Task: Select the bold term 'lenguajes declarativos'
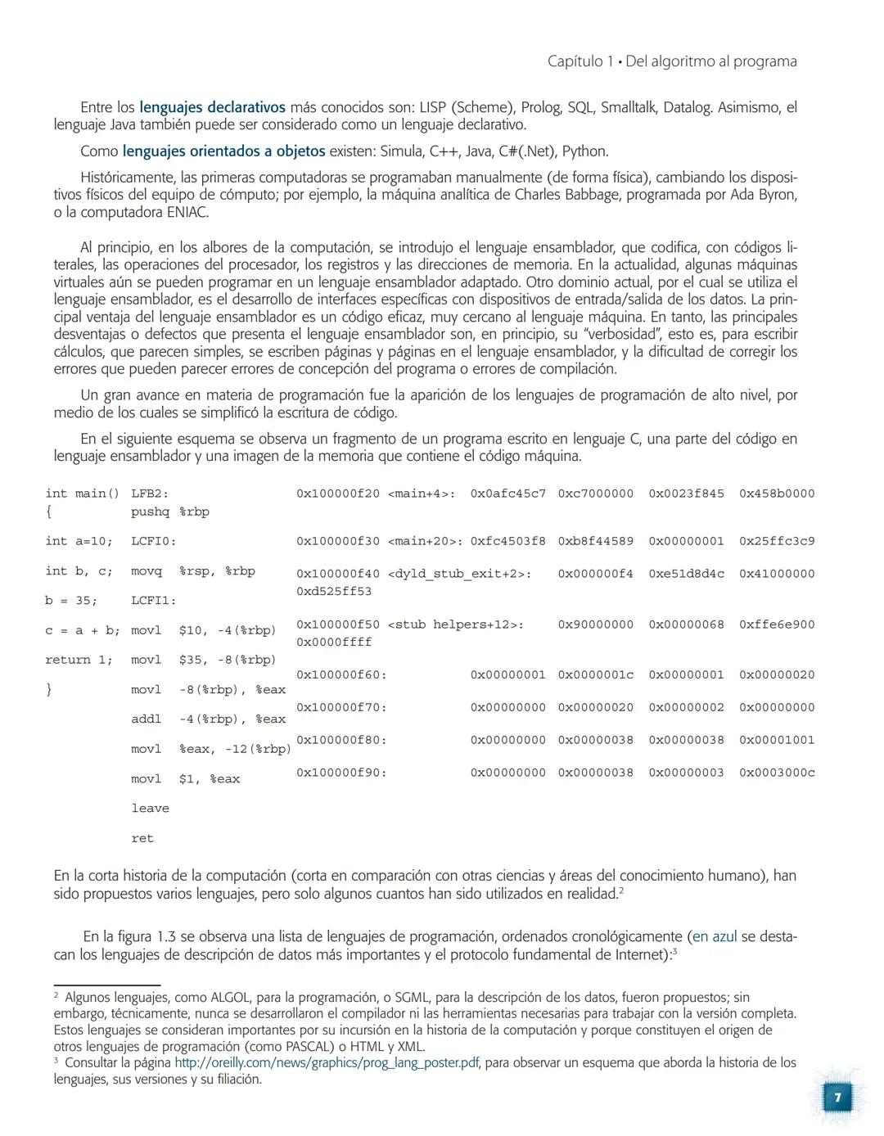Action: tap(212, 107)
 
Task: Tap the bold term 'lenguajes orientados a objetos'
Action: tap(223, 151)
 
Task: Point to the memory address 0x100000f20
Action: tap(337, 494)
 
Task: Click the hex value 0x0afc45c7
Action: tap(507, 494)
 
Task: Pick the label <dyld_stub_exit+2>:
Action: tap(459, 574)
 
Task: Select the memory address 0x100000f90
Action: tap(341, 773)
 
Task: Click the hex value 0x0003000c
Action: tap(777, 773)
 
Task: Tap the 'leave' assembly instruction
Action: tap(150, 809)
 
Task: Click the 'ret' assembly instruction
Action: tap(142, 838)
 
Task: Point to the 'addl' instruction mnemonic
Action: tap(147, 719)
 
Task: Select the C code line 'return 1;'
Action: tap(79, 660)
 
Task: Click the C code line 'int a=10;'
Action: tap(79, 541)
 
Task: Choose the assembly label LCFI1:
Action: tap(153, 601)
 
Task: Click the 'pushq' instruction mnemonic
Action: tap(150, 512)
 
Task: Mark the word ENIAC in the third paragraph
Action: tap(186, 213)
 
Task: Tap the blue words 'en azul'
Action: tap(715, 936)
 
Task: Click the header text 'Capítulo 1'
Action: tap(580, 61)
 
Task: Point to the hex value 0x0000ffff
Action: tap(334, 642)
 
